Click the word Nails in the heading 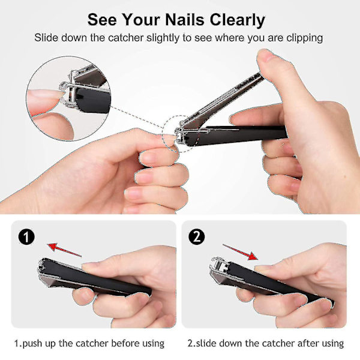tap(185, 20)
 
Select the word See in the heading tap(102, 20)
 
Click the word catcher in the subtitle tap(126, 38)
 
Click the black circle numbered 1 tap(26, 237)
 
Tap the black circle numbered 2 tap(197, 237)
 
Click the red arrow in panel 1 tap(64, 250)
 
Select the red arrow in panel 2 tap(240, 252)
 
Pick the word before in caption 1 tap(125, 343)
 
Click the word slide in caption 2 tap(206, 343)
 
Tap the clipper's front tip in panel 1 tap(41, 268)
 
